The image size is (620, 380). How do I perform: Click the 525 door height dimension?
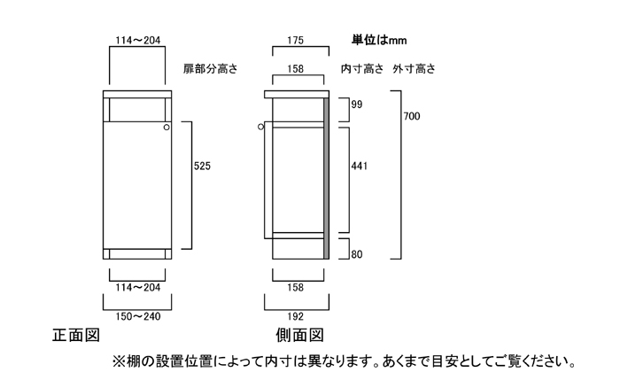[203, 165]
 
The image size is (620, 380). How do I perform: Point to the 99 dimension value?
[357, 105]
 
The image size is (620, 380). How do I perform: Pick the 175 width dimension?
[297, 40]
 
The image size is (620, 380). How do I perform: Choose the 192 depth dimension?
[297, 314]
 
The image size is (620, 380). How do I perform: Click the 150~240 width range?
[136, 314]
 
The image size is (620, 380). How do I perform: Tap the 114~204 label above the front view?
[136, 40]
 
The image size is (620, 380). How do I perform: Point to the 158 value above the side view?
[297, 67]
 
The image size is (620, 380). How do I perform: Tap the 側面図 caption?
[298, 337]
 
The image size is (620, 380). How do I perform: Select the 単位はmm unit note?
[379, 40]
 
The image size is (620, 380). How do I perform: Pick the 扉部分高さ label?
[211, 68]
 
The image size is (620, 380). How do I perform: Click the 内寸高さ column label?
[363, 68]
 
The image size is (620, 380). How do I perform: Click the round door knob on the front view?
[165, 129]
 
